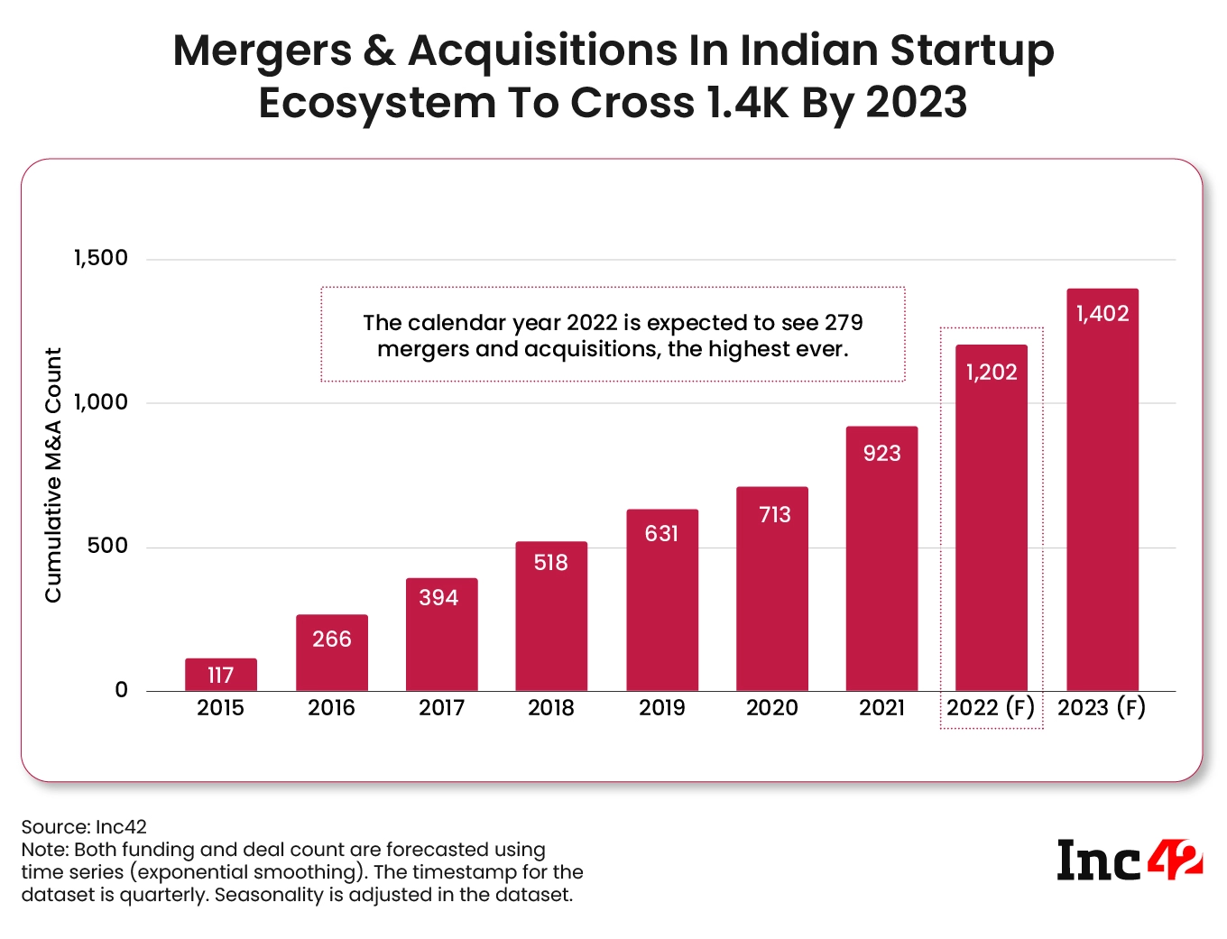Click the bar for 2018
(x=551, y=617)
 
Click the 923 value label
(x=881, y=453)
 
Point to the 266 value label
(x=331, y=639)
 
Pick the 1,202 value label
(x=992, y=372)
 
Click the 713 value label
(x=774, y=514)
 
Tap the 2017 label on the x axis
(x=441, y=708)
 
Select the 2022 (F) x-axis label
(x=991, y=708)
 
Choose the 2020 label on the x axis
(x=771, y=708)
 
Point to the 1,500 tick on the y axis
(x=101, y=258)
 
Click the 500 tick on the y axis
(x=107, y=546)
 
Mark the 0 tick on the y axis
(x=122, y=690)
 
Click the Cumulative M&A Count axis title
(x=54, y=474)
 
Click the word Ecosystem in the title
(x=377, y=103)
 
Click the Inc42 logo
(x=1130, y=861)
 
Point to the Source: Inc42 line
(x=84, y=826)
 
